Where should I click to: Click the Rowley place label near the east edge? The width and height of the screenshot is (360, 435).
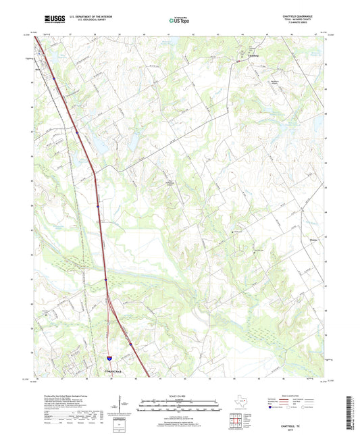pyautogui.click(x=312, y=238)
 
